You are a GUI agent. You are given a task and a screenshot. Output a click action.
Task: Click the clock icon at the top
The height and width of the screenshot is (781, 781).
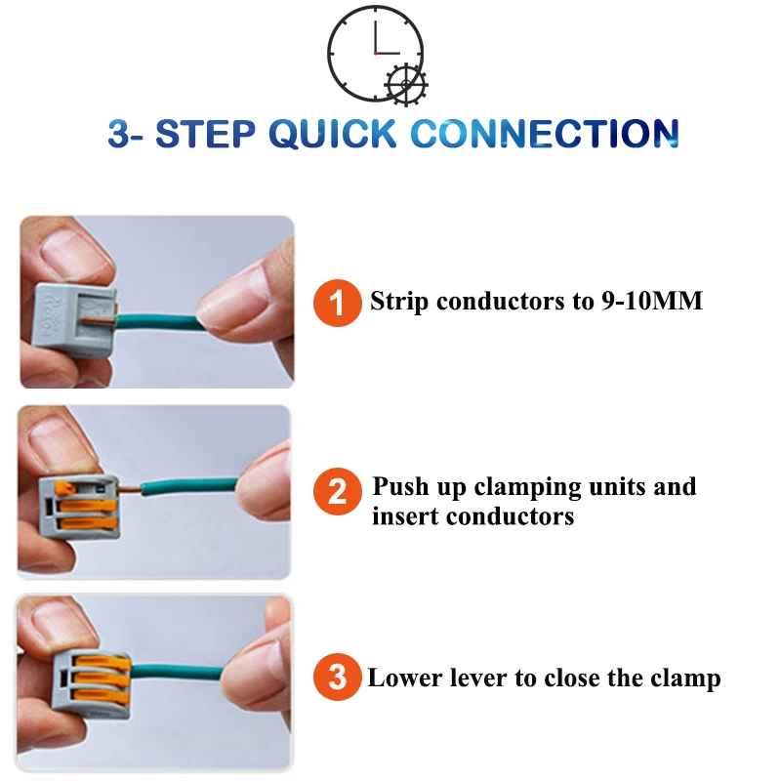click(377, 55)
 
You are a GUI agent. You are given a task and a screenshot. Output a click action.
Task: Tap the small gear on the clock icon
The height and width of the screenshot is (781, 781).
click(406, 84)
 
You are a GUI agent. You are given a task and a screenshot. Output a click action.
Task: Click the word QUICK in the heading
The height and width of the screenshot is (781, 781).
click(333, 135)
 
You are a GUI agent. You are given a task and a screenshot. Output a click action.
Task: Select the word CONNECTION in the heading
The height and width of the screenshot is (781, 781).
click(545, 134)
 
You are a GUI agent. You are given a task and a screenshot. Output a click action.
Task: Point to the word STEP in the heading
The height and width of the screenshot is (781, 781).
click(205, 134)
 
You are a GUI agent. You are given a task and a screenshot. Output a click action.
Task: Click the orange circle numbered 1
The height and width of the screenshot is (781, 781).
click(337, 303)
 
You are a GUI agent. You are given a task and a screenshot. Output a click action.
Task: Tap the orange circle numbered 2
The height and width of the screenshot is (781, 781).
click(337, 491)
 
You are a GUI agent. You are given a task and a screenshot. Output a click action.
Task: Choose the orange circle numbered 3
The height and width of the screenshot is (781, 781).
click(337, 677)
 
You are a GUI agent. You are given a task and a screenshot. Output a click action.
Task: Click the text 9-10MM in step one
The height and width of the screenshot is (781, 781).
click(651, 301)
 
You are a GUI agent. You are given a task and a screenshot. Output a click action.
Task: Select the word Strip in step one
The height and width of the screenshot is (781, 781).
click(399, 302)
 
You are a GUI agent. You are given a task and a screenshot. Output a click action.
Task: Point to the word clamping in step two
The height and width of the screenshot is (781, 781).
click(527, 487)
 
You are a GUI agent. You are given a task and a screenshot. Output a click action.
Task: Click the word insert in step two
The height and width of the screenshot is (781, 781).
click(405, 516)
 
